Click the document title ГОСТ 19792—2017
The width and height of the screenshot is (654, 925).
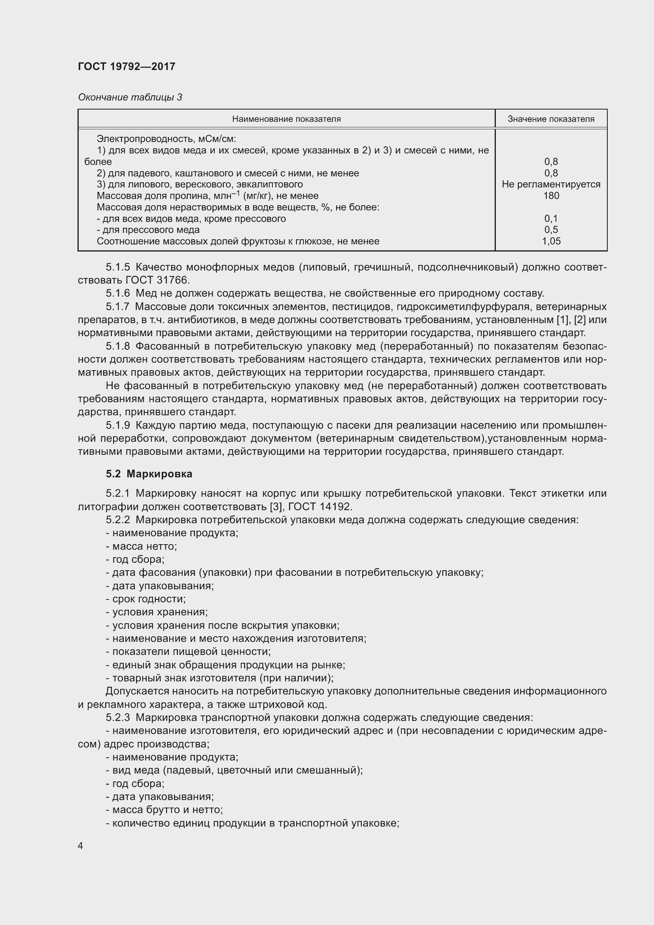pyautogui.click(x=127, y=66)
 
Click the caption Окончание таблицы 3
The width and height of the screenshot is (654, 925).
pyautogui.click(x=130, y=97)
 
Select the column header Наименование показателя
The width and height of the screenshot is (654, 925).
pyautogui.click(x=286, y=119)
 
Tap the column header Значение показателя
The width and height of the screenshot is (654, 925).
pyautogui.click(x=550, y=119)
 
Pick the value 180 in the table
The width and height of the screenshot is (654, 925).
pyautogui.click(x=551, y=196)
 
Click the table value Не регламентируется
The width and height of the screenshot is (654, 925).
pyautogui.click(x=551, y=185)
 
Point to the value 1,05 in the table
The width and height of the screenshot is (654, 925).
pyautogui.click(x=551, y=241)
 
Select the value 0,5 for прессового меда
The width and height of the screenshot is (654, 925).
pyautogui.click(x=551, y=230)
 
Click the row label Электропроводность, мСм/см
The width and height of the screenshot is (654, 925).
pyautogui.click(x=166, y=139)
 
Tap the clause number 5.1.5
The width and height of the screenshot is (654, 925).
pyautogui.click(x=117, y=267)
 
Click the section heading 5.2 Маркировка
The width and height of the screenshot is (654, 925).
pyautogui.click(x=149, y=474)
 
